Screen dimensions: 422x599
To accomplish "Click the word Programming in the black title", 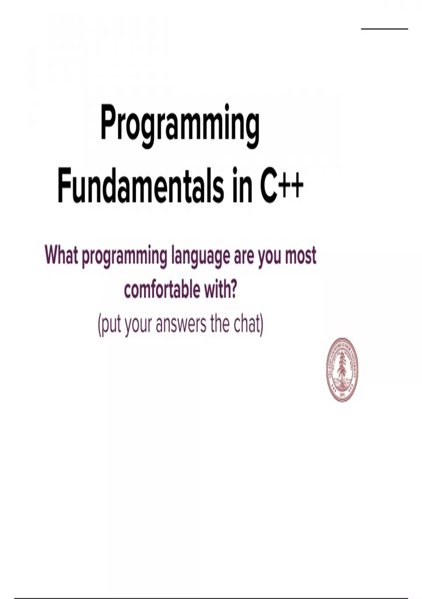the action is [x=180, y=126].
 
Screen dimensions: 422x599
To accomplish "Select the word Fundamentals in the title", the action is [x=141, y=185].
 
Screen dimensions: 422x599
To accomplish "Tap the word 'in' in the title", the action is [x=242, y=185].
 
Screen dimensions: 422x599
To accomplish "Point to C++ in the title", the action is [x=282, y=185].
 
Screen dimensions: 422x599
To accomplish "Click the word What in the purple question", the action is [x=62, y=256].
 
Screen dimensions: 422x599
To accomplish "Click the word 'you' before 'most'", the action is [x=270, y=259].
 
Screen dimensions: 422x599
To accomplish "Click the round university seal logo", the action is [x=342, y=370].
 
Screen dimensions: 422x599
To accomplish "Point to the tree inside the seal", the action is [x=342, y=367].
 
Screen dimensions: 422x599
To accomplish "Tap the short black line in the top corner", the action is [x=384, y=29].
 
